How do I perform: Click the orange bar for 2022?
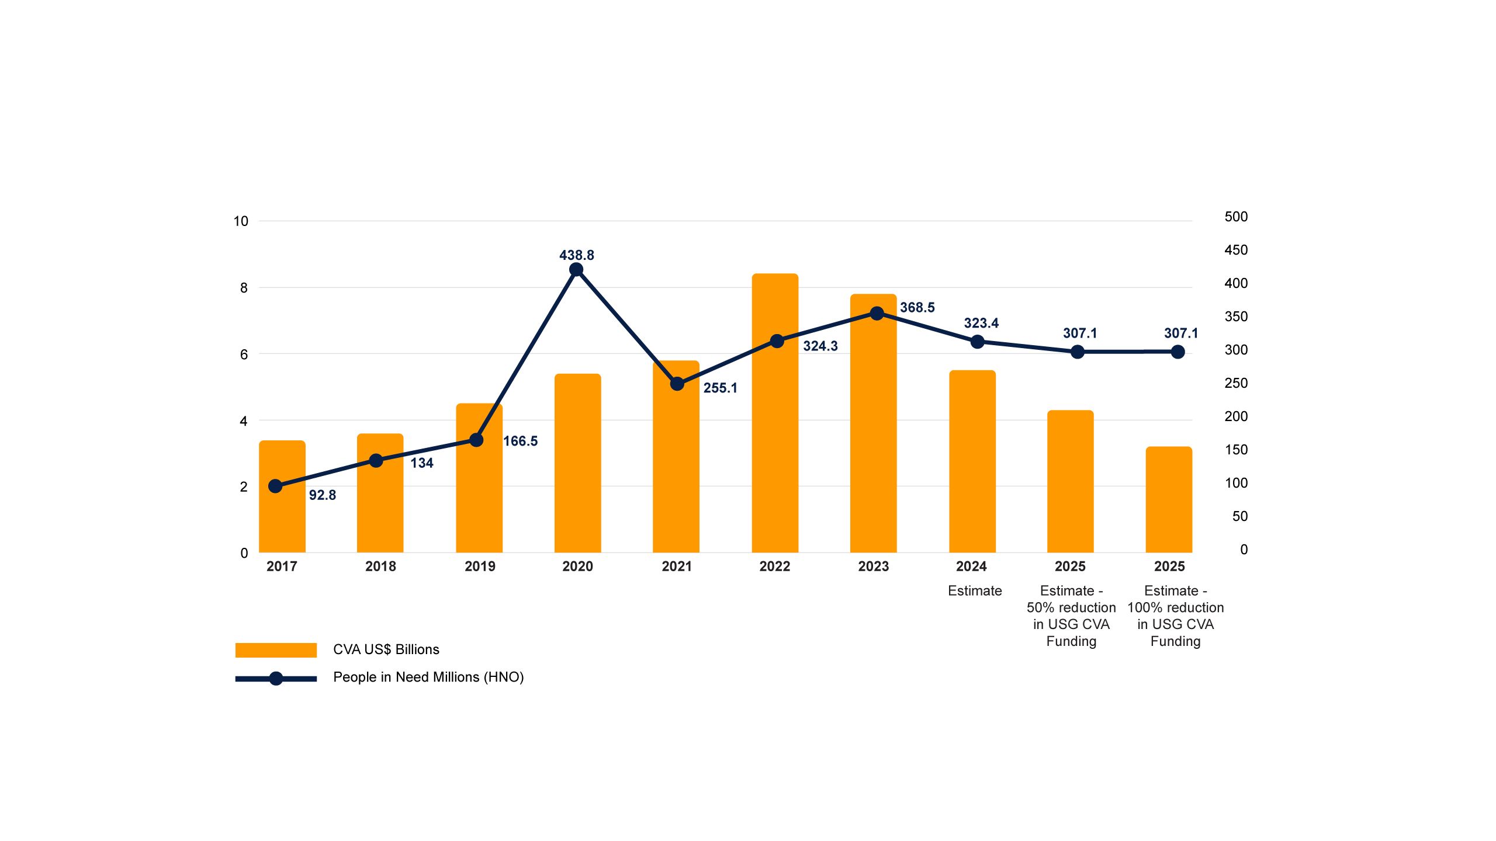pyautogui.click(x=775, y=444)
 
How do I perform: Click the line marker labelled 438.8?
pyautogui.click(x=576, y=269)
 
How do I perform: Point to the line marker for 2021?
pyautogui.click(x=677, y=384)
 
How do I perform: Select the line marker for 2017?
pyautogui.click(x=275, y=486)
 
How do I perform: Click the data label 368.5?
pyautogui.click(x=917, y=307)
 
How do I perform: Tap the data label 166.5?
pyautogui.click(x=520, y=441)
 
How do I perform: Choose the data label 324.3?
pyautogui.click(x=820, y=346)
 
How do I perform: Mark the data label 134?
pyautogui.click(x=421, y=463)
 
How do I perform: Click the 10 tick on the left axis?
pyautogui.click(x=241, y=221)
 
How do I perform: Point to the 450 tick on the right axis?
pyautogui.click(x=1235, y=250)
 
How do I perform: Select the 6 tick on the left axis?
pyautogui.click(x=244, y=355)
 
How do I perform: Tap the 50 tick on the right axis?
pyautogui.click(x=1239, y=516)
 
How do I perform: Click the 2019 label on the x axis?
pyautogui.click(x=480, y=566)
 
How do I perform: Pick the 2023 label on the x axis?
pyautogui.click(x=873, y=566)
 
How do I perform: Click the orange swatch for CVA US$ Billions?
pyautogui.click(x=276, y=650)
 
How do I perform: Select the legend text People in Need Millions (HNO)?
pyautogui.click(x=428, y=677)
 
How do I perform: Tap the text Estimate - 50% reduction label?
pyautogui.click(x=1071, y=616)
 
